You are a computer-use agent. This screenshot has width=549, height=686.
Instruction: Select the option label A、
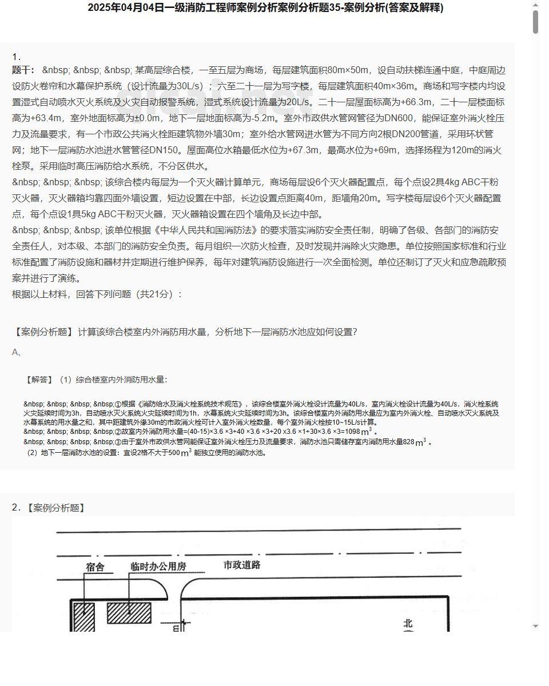(x=17, y=352)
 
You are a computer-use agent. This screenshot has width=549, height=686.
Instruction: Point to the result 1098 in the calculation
(x=351, y=432)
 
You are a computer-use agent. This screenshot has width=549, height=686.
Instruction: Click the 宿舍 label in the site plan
(x=95, y=567)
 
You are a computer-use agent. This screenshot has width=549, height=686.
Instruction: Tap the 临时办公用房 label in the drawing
(x=158, y=567)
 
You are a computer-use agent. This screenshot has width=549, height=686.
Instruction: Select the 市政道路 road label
(x=242, y=565)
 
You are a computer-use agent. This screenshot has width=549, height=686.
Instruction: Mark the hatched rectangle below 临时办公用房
(x=129, y=612)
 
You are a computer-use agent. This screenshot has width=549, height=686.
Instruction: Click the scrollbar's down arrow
(x=535, y=626)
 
